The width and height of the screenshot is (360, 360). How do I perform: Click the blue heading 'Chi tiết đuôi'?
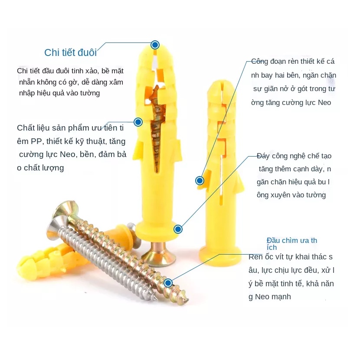[71, 52]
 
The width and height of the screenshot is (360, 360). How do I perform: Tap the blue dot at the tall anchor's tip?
[155, 45]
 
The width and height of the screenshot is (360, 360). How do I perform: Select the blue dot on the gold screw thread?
[168, 283]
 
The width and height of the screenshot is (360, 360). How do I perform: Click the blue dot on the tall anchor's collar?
[178, 229]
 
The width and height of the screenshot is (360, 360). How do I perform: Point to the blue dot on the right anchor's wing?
[200, 181]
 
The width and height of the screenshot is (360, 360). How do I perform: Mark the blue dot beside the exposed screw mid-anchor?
[138, 122]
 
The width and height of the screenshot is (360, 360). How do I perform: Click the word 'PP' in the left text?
[36, 141]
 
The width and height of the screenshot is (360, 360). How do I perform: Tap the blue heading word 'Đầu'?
[272, 240]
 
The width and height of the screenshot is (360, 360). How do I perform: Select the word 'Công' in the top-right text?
[260, 62]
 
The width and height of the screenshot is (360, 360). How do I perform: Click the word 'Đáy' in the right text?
[263, 156]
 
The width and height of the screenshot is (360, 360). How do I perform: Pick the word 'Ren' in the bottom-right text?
[255, 257]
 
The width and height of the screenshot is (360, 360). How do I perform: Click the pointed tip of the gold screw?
[188, 299]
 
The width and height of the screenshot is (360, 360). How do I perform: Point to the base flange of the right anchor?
[220, 255]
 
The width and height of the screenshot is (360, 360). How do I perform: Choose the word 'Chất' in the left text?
[25, 128]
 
